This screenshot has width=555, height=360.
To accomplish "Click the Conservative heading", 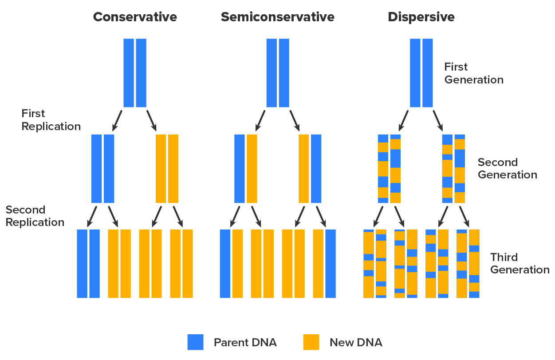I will [x=135, y=17].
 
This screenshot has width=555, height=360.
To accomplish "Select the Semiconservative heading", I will [x=277, y=17].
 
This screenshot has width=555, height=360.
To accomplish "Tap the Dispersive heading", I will [x=421, y=17].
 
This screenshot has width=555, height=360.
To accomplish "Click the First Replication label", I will [x=51, y=120].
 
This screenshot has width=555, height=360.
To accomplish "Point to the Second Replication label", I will [x=35, y=216].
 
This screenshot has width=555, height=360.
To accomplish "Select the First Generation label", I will [x=473, y=73].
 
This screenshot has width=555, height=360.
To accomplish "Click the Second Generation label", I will [x=507, y=168].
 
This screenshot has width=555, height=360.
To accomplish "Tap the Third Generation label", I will [x=520, y=263].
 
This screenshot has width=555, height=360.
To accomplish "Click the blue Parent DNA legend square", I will [x=195, y=342].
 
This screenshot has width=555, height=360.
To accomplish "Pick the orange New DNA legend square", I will [x=311, y=342].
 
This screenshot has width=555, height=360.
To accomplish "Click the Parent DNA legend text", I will [x=245, y=342].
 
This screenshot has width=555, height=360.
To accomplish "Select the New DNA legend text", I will [x=355, y=342].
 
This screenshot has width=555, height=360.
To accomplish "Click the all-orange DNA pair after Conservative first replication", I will [x=167, y=169].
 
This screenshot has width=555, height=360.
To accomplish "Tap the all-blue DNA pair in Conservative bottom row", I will [x=88, y=264].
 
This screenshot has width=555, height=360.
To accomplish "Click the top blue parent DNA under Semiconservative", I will [x=277, y=73].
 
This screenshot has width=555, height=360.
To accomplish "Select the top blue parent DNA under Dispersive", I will [x=421, y=73].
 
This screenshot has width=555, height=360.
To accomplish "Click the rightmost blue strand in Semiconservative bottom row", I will [x=331, y=264].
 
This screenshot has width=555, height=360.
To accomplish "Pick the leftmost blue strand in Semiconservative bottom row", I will [x=225, y=264].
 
